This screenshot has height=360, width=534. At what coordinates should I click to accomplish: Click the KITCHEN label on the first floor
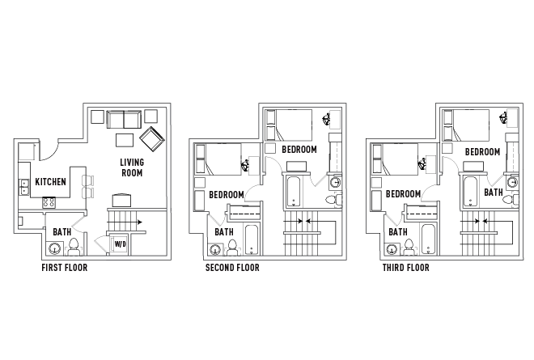[x=50, y=181]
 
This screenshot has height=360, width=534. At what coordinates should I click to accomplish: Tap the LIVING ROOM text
[x=133, y=167]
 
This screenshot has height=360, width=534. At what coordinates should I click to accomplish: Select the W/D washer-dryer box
[x=120, y=244]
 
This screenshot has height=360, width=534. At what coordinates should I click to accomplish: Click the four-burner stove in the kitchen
[x=49, y=203]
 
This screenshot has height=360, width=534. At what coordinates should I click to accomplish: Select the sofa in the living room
[x=124, y=120]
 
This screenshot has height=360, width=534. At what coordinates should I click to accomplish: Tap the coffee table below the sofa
[x=124, y=140]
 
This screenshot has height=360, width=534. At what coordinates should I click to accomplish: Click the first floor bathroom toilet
[x=74, y=244]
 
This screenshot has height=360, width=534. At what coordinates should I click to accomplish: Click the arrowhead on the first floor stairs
[x=140, y=220]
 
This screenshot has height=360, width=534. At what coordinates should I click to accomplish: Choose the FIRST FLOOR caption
[x=63, y=268]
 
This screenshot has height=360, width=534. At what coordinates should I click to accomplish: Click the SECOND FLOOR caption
[x=232, y=268]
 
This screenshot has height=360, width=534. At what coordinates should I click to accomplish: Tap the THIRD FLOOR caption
[x=406, y=268]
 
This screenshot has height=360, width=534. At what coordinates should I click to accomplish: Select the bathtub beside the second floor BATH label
[x=250, y=239]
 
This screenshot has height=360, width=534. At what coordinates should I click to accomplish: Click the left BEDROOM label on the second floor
[x=227, y=194]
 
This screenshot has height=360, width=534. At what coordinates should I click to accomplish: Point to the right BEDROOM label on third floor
[x=482, y=151]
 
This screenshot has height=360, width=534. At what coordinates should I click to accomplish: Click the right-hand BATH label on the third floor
[x=494, y=193]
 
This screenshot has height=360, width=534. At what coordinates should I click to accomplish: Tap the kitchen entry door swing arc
[x=49, y=151]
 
